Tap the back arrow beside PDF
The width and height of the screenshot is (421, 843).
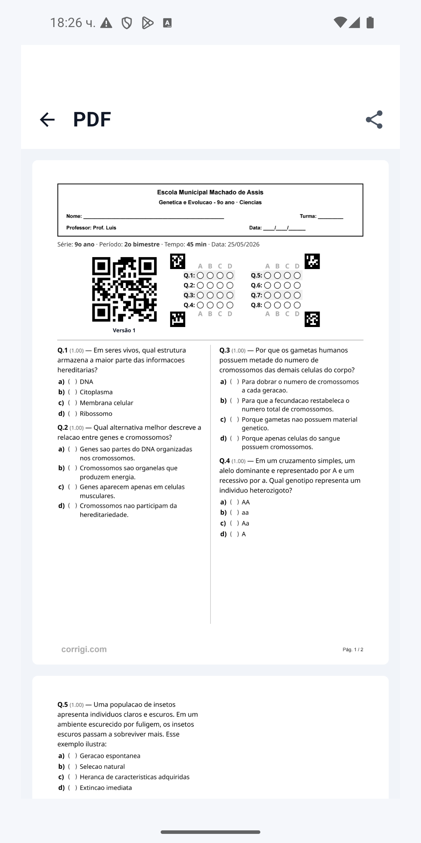[x=47, y=119]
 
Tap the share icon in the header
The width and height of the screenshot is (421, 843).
[x=374, y=119]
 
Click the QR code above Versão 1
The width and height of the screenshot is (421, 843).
[x=125, y=289]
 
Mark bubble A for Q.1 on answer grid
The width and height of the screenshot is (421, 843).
[x=200, y=275]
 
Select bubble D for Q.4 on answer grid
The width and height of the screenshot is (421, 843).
[x=230, y=305]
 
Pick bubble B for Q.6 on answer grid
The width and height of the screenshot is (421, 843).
[x=278, y=285]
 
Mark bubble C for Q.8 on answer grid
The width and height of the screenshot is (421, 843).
[x=287, y=305]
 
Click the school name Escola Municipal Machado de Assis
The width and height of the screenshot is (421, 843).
[x=210, y=192]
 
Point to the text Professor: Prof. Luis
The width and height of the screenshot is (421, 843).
[x=91, y=228]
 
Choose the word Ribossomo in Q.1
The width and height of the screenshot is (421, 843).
[x=96, y=414]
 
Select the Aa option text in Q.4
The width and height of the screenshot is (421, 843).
[x=246, y=523]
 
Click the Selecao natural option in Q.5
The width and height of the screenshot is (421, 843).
[x=102, y=766]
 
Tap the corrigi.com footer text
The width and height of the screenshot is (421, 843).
[x=84, y=649]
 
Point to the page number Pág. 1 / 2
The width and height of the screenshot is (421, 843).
[x=353, y=650]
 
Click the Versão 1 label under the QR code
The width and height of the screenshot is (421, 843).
[x=124, y=331]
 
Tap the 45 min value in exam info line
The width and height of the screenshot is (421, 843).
[x=196, y=244]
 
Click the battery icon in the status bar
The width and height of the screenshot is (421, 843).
[x=370, y=22]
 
